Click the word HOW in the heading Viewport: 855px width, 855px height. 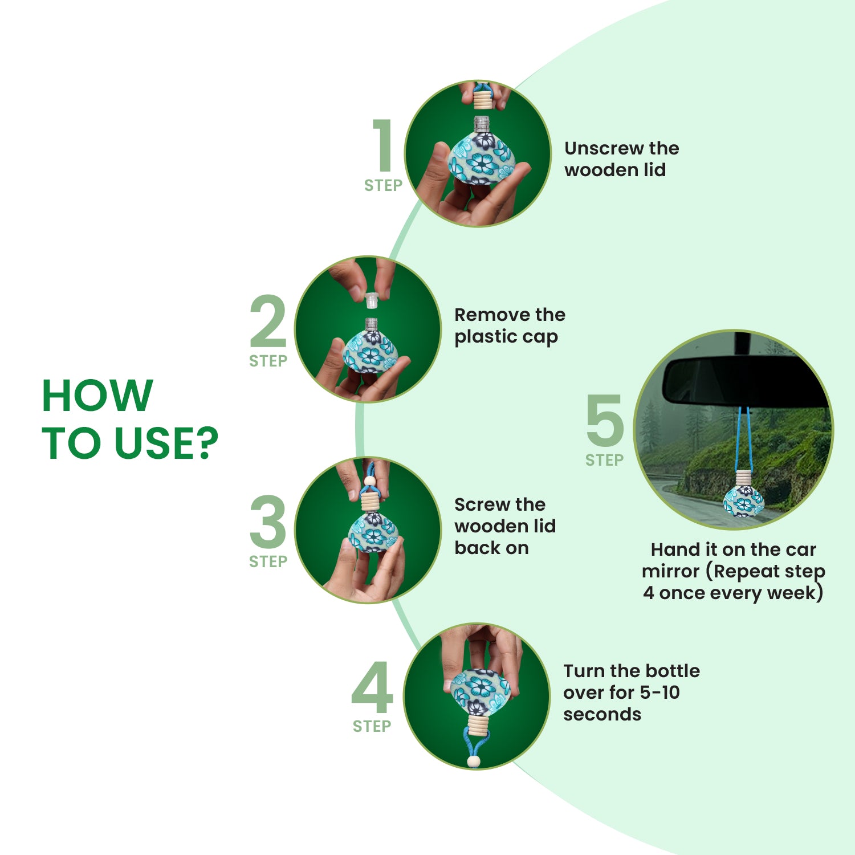(x=97, y=395)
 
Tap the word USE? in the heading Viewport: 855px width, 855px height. (x=166, y=443)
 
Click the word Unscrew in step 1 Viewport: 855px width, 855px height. (x=602, y=148)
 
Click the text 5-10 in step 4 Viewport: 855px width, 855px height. (x=659, y=693)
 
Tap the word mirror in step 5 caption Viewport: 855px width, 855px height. (x=670, y=571)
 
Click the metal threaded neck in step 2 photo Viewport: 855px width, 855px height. (x=371, y=324)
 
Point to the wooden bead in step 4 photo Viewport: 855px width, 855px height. (x=473, y=761)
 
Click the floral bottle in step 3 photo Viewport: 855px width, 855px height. (x=373, y=534)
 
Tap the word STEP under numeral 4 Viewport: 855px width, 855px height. (x=372, y=726)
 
